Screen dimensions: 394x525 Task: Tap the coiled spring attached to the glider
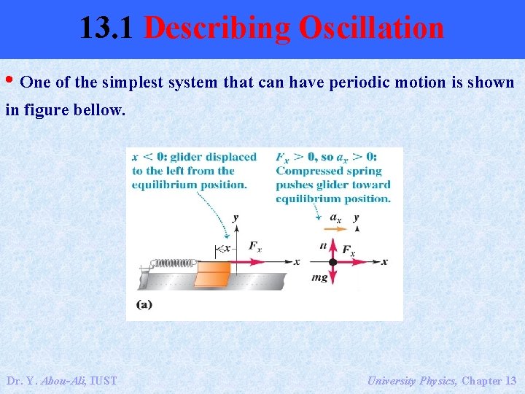click(173, 262)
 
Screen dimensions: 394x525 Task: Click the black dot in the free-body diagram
click(332, 261)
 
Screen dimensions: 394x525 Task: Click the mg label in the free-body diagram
click(319, 277)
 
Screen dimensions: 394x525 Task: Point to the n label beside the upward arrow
click(323, 245)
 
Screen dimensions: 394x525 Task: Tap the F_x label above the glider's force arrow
click(254, 246)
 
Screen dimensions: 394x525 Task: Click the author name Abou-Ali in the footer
click(64, 380)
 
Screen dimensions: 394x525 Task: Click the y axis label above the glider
click(235, 217)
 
